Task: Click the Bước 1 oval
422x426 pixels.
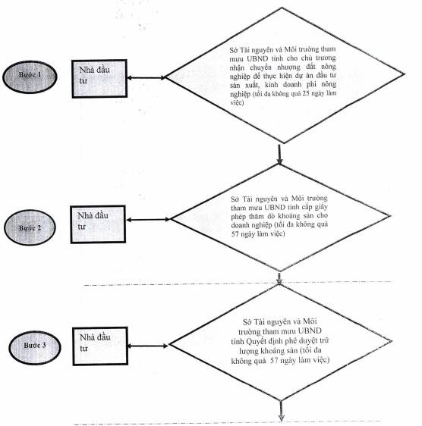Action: tap(30, 77)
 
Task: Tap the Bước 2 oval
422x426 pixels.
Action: tap(30, 227)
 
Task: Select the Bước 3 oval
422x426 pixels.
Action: tap(35, 347)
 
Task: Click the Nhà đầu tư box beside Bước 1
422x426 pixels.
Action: tap(99, 79)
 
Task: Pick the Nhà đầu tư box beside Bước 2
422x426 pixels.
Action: tap(98, 224)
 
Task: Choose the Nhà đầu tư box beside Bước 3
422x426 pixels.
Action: tap(100, 346)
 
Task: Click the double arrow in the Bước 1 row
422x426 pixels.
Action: tap(146, 78)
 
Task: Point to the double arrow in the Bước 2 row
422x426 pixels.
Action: tap(148, 220)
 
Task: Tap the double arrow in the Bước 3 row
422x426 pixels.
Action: tap(148, 346)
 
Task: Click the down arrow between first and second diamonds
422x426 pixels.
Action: tap(279, 155)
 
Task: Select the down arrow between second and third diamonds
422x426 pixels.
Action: tap(279, 278)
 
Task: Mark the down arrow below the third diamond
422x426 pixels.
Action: tap(281, 411)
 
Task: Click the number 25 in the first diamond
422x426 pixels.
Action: tap(306, 93)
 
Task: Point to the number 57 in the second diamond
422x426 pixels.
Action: tap(235, 233)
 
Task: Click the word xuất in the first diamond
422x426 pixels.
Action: tap(253, 85)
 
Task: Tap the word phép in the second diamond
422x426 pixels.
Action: tap(238, 217)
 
